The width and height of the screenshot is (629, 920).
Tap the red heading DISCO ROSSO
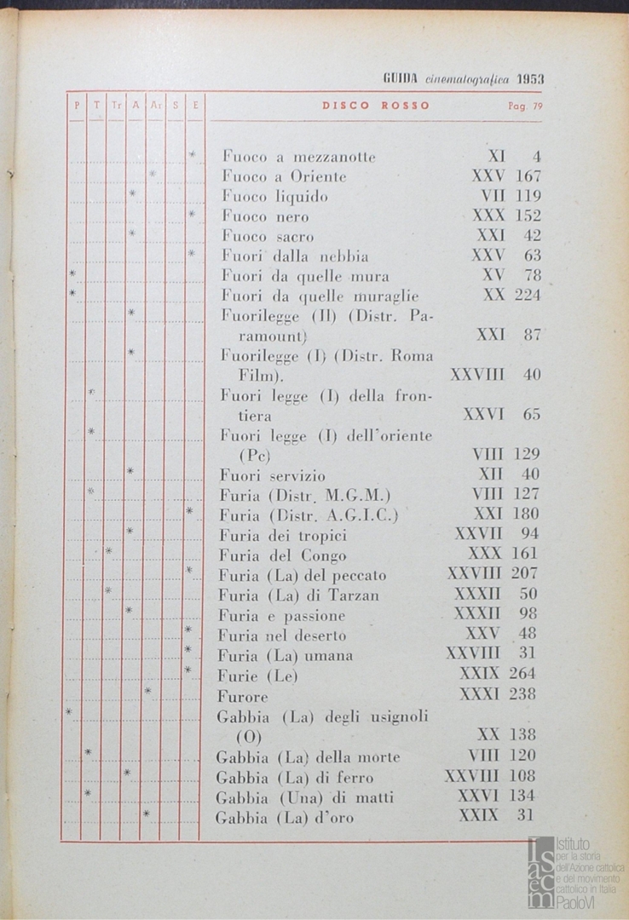tap(376, 106)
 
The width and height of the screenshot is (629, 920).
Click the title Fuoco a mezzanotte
tap(298, 157)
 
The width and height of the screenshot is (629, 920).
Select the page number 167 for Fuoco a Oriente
tap(528, 177)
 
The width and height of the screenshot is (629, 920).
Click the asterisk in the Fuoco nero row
tap(193, 214)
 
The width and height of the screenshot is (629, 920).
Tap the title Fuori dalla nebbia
tap(295, 256)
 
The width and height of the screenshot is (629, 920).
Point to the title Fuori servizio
tap(273, 474)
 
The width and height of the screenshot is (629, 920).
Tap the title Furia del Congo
tap(282, 555)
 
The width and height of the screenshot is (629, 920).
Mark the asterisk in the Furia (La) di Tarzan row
tap(108, 590)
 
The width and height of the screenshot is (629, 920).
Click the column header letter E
tap(195, 106)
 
